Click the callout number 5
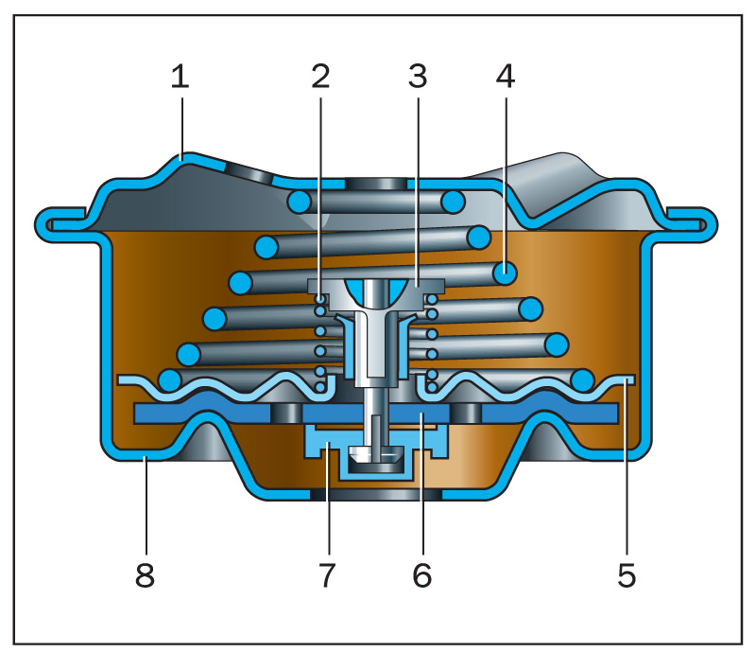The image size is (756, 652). [x=627, y=573]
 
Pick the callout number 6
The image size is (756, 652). [x=421, y=573]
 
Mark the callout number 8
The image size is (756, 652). [x=144, y=573]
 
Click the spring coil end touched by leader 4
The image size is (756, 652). [x=506, y=273]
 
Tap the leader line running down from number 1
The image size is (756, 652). [x=180, y=123]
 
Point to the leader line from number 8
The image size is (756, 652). [x=144, y=511]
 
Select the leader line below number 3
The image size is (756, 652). [x=418, y=189]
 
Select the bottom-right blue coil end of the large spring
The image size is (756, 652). [x=582, y=380]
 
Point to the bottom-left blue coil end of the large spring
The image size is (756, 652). [x=171, y=380]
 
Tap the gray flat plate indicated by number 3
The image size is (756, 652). [x=430, y=285]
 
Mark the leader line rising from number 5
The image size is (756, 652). [x=627, y=473]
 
